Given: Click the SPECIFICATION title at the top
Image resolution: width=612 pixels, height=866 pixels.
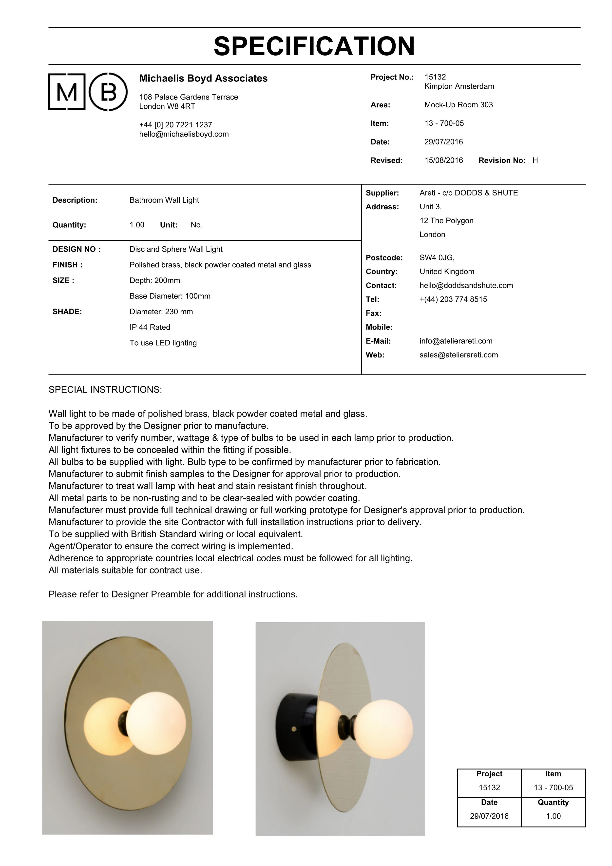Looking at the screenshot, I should click(314, 46).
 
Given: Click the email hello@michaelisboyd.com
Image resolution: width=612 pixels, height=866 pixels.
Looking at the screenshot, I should click(184, 134).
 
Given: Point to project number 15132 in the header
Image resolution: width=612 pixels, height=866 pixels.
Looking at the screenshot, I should click(435, 77).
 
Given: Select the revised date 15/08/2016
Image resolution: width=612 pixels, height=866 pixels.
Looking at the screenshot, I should click(443, 160).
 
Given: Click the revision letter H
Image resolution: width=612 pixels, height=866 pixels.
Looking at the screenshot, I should click(535, 160).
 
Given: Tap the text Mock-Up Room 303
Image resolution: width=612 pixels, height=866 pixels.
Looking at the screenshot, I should click(458, 105).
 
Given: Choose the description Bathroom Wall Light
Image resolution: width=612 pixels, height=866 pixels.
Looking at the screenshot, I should click(164, 200).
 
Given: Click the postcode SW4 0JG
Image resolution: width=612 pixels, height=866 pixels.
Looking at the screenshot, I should click(437, 258).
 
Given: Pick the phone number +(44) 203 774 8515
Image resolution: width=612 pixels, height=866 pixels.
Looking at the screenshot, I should click(453, 299).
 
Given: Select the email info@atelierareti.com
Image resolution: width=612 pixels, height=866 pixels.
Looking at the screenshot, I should click(456, 341).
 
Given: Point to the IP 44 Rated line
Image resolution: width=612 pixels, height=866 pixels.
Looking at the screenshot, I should click(150, 327).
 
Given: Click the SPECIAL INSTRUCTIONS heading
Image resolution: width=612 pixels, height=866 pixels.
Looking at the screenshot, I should click(105, 390).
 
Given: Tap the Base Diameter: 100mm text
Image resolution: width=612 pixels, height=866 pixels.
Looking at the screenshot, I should click(170, 296).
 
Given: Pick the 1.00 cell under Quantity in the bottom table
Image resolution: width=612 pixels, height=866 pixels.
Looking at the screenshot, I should click(553, 816).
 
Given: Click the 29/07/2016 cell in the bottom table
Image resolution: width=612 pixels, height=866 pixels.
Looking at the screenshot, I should click(489, 816).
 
